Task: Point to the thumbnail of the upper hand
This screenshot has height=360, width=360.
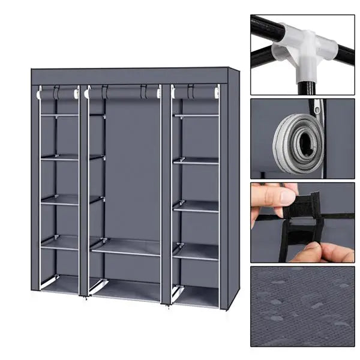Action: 288,196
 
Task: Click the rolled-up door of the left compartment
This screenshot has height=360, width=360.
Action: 58,94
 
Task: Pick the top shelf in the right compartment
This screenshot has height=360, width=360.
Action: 196,114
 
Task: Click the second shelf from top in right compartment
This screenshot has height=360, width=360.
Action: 196,160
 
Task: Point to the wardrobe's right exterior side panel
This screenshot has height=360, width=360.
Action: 233,186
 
